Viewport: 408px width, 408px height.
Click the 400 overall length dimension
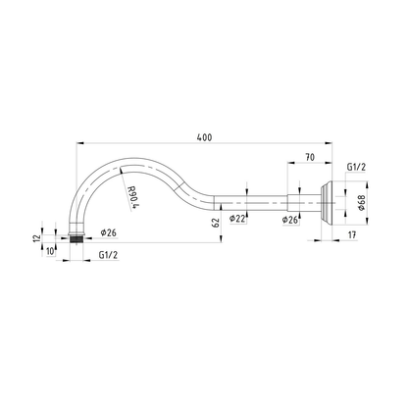point(204,137)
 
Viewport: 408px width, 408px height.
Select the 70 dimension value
point(310,157)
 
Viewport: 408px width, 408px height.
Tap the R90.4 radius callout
point(132,197)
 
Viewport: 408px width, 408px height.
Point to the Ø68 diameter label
point(361,203)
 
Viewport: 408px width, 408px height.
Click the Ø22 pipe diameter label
point(237,219)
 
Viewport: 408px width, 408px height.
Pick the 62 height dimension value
point(216,223)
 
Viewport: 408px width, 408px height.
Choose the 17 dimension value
point(352,234)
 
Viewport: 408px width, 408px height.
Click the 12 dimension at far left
point(37,237)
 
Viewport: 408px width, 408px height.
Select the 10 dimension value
point(50,251)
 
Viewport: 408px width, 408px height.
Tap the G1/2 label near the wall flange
point(356,167)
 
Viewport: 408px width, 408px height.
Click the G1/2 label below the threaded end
point(108,255)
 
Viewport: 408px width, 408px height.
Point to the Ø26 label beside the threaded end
point(109,232)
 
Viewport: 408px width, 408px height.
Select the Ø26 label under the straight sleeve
point(290,220)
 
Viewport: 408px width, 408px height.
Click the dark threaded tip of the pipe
point(76,239)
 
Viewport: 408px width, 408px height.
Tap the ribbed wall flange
point(326,203)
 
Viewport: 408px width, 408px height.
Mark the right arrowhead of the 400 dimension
point(328,143)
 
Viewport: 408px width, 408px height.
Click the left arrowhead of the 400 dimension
point(80,143)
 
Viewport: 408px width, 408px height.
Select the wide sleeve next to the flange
point(304,203)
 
